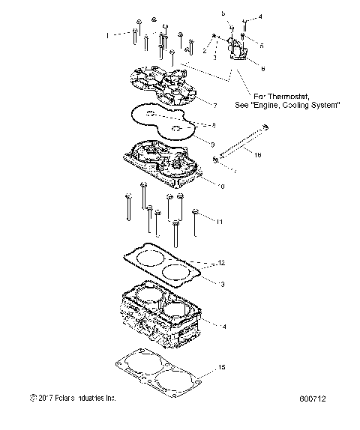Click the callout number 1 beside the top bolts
click(107, 34)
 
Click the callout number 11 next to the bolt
click(219, 222)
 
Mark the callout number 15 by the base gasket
click(220, 366)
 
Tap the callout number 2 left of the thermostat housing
click(204, 49)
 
